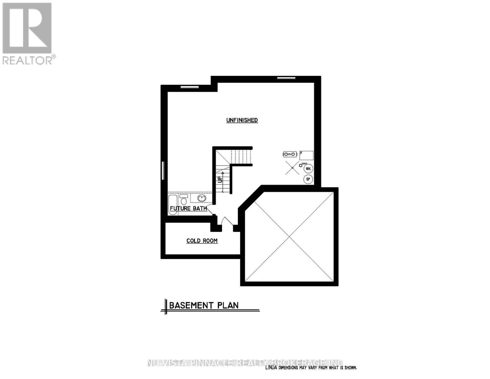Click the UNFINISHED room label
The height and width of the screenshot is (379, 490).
(242, 120)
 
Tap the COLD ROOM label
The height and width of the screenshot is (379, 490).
(202, 241)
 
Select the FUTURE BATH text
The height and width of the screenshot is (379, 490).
(188, 208)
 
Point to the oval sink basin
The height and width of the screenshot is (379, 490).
(202, 198)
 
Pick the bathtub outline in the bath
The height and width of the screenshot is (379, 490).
(173, 205)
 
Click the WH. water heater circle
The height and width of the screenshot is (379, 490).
(308, 169)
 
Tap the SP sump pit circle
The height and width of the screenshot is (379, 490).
(308, 179)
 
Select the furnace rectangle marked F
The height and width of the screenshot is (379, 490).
(306, 155)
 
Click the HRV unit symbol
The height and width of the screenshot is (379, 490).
(290, 154)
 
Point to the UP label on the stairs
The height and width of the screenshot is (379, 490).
(220, 179)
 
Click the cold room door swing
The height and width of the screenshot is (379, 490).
(226, 221)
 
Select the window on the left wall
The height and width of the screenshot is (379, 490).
(163, 171)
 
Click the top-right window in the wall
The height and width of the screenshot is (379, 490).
(286, 78)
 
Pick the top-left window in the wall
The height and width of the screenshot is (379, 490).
(189, 87)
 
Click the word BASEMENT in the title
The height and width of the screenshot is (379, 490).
(191, 305)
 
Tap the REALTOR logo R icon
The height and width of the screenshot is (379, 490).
(27, 28)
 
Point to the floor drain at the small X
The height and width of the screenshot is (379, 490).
(292, 168)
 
